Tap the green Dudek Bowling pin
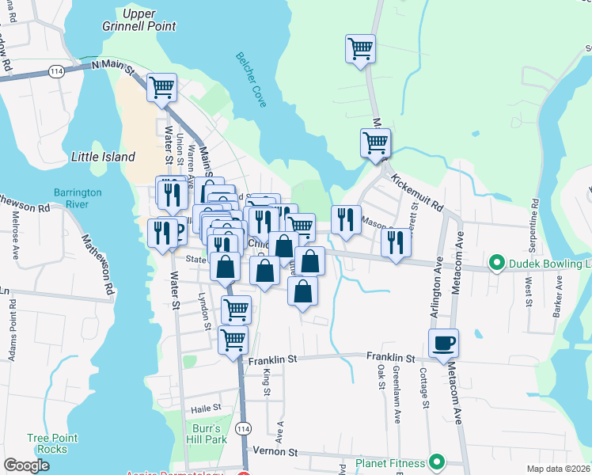[497, 262]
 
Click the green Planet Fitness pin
[436, 462]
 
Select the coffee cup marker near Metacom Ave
[443, 342]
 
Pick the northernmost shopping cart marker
[360, 47]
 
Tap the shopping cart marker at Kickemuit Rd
[375, 142]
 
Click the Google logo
[26, 465]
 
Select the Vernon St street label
[274, 451]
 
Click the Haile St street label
[204, 408]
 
